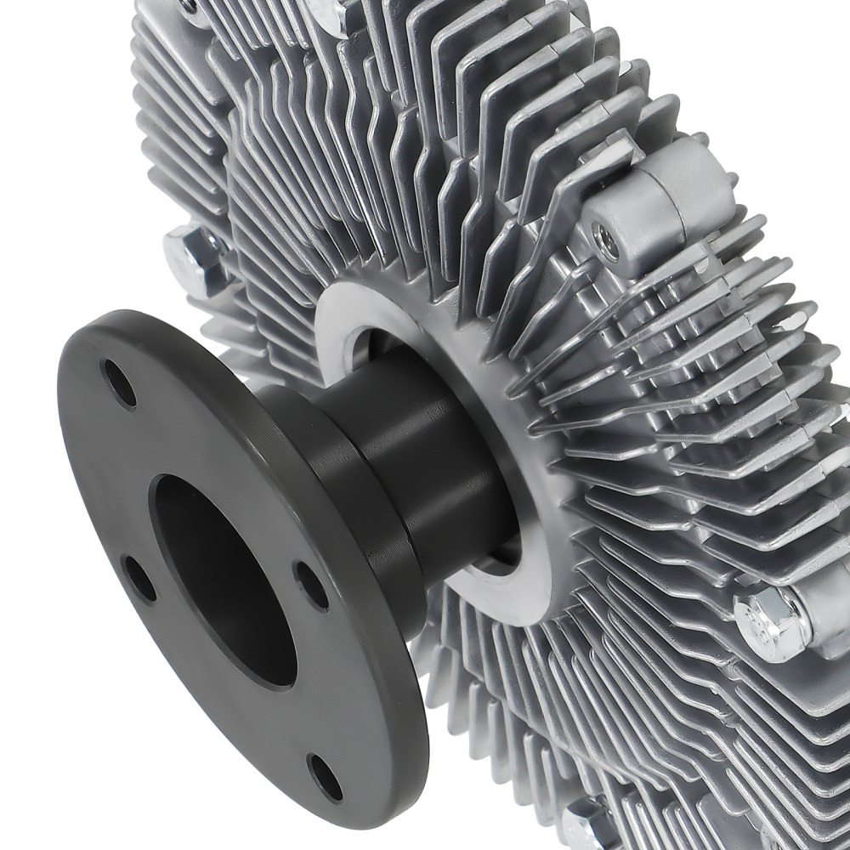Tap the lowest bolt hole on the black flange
click(326, 778)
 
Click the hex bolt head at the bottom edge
click(586, 829)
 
